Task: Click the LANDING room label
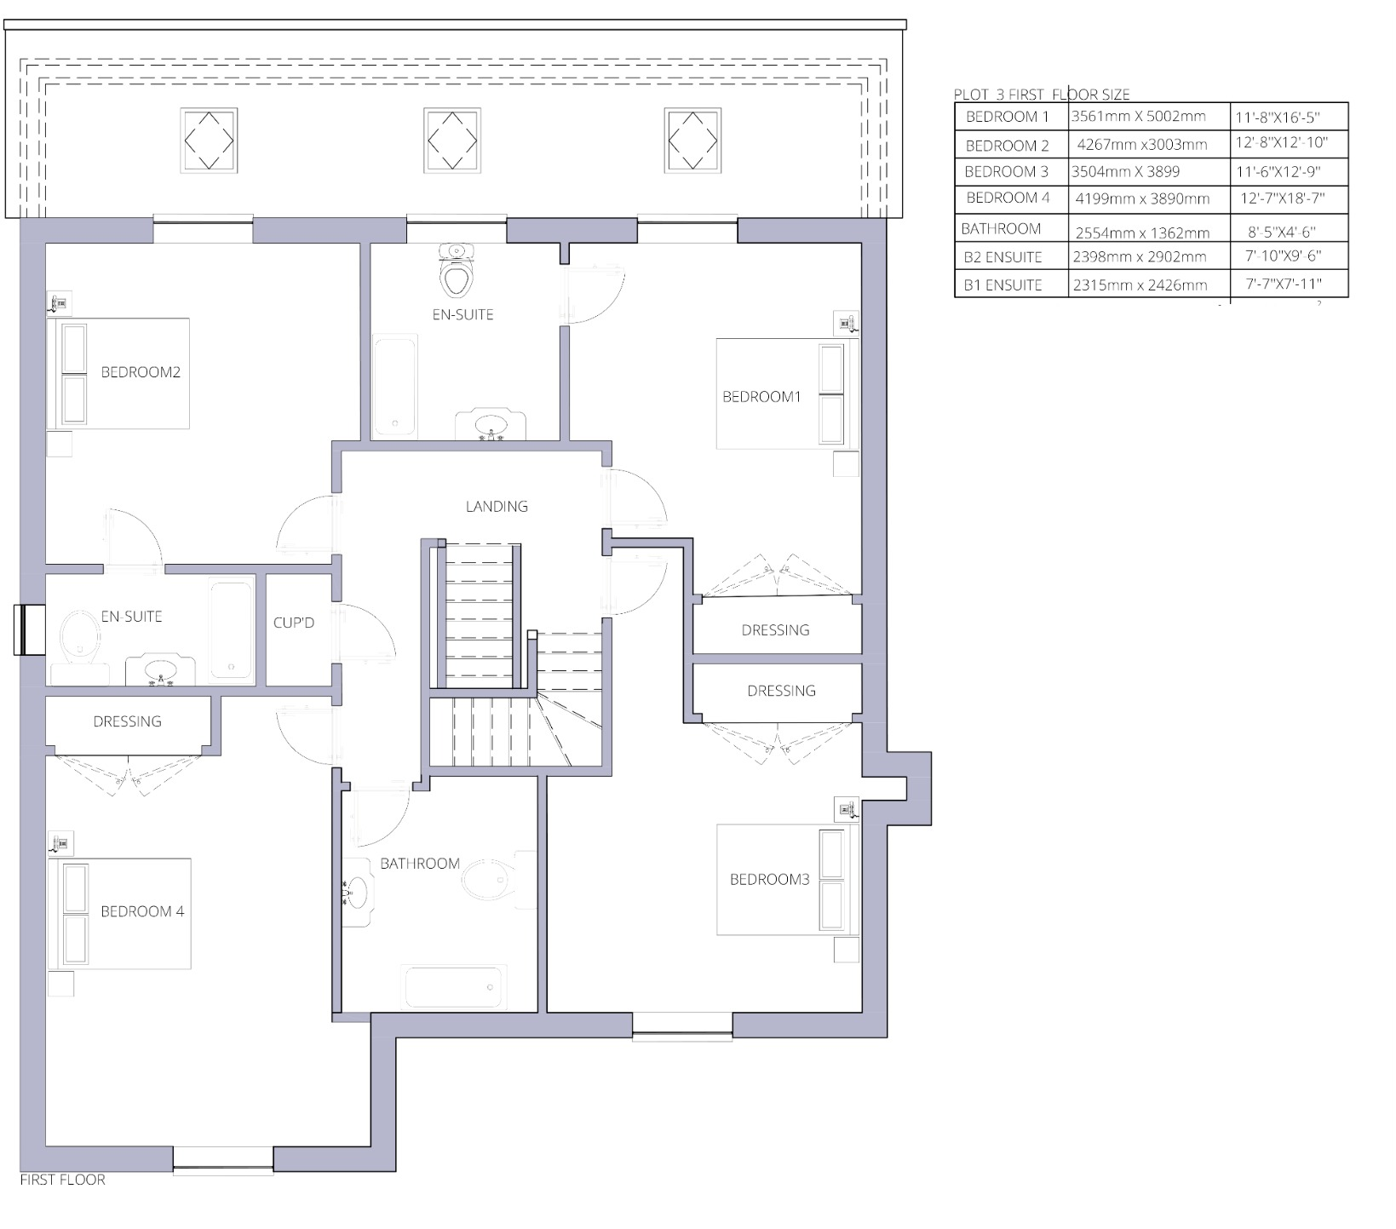click(497, 507)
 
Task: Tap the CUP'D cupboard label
click(294, 623)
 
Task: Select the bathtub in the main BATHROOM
click(456, 986)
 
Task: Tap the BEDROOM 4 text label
click(142, 911)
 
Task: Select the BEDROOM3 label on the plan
click(769, 879)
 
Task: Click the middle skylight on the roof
click(452, 140)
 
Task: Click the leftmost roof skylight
click(209, 140)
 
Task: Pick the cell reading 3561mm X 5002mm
click(1138, 117)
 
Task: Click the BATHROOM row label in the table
click(1001, 228)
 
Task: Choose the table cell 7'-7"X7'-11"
click(1284, 284)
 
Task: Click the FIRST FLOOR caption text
click(63, 1180)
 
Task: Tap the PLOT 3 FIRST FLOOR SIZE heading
click(1042, 95)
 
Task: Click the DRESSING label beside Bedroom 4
click(127, 721)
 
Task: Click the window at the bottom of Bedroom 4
click(223, 1159)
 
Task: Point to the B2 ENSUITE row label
click(1003, 256)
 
